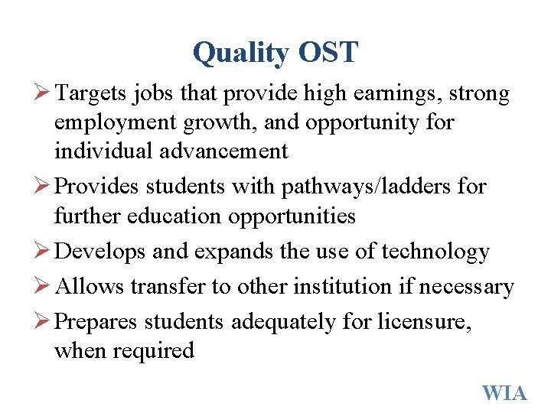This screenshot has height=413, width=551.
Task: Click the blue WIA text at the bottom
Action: pyautogui.click(x=504, y=393)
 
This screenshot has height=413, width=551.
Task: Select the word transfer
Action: pyautogui.click(x=166, y=287)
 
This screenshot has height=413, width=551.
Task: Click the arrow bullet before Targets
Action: pyautogui.click(x=43, y=94)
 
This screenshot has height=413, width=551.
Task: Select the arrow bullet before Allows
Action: pyautogui.click(x=43, y=287)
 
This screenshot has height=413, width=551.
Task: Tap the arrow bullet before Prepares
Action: pyautogui.click(x=43, y=322)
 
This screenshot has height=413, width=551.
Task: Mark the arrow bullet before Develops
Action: pyautogui.click(x=43, y=252)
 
